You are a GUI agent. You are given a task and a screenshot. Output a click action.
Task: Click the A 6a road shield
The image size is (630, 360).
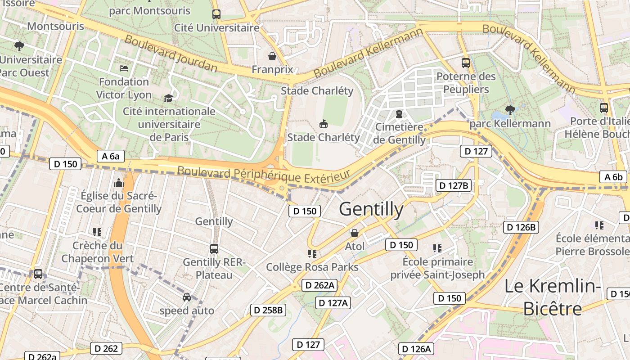tap(110, 156)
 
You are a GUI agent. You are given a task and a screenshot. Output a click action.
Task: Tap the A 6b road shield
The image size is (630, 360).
tap(613, 177)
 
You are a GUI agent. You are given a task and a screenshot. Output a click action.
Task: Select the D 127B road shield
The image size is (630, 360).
tap(454, 185)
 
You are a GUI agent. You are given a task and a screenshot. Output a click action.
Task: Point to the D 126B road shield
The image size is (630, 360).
tap(521, 227)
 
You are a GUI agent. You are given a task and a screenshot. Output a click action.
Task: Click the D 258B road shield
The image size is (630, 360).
tap(268, 310)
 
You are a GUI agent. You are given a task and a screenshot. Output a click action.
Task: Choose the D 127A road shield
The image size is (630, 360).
tap(333, 303)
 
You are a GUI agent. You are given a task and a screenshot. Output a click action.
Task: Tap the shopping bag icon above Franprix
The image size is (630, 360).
tap(272, 56)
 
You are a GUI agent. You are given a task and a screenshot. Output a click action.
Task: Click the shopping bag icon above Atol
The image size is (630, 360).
tap(355, 233)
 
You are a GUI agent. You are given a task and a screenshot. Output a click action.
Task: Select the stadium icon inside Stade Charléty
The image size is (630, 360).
tap(323, 123)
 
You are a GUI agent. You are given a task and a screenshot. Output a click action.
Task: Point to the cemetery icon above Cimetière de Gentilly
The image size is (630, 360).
tap(399, 114)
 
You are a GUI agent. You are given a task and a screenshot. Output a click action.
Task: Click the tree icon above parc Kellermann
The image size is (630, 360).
tap(510, 109)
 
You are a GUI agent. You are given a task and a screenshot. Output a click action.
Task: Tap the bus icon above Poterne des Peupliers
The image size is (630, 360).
tap(466, 63)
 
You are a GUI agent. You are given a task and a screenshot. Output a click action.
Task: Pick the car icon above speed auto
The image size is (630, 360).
tap(187, 297)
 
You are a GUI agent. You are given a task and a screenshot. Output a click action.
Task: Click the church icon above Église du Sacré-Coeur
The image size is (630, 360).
tap(118, 183)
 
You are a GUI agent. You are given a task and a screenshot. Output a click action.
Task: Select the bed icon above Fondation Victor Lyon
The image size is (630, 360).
tap(124, 68)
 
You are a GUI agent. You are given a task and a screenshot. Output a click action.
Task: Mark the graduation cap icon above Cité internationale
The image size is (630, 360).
tap(168, 98)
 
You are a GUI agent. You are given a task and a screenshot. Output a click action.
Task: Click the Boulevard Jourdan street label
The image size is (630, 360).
tap(171, 54)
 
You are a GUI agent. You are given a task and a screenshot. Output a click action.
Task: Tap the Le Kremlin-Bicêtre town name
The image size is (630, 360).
tap(553, 297)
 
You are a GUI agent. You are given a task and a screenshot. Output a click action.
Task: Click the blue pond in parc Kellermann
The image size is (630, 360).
tap(499, 118)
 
